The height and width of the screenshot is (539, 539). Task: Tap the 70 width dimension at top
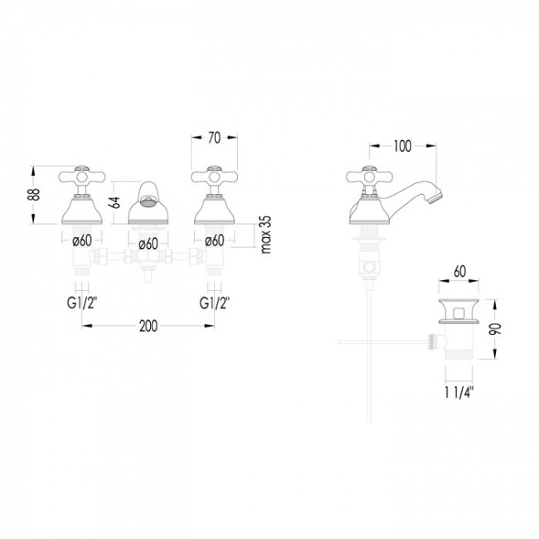click(214, 139)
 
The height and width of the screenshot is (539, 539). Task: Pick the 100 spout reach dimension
click(402, 147)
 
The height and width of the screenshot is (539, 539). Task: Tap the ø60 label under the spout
click(148, 243)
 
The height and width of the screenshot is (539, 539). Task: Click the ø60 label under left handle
click(80, 241)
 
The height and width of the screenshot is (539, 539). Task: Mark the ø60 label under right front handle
click(214, 241)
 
